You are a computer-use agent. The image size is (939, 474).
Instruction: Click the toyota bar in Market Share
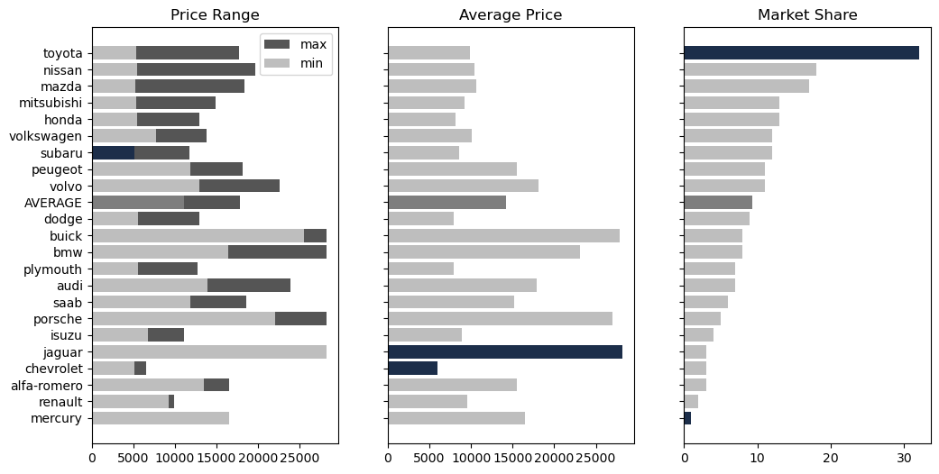tap(801, 53)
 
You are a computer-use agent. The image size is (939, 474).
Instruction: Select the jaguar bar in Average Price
tap(504, 351)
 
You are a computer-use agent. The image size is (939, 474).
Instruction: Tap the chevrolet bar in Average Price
tap(412, 369)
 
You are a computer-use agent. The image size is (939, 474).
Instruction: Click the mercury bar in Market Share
tap(687, 418)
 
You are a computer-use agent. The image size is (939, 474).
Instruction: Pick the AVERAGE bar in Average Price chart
tap(446, 203)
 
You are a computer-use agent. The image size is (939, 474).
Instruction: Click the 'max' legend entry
tap(313, 44)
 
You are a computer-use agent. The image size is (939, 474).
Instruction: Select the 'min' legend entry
tap(313, 63)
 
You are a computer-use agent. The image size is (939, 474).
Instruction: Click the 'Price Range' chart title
tap(215, 15)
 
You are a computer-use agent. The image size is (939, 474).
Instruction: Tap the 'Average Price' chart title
tap(511, 15)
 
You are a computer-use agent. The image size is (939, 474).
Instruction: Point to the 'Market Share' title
tap(806, 15)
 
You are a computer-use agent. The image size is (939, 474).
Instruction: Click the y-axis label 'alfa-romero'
tap(53, 386)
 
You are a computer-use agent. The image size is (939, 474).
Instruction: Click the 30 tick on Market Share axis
tap(905, 458)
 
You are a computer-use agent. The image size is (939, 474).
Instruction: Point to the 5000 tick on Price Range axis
tap(133, 458)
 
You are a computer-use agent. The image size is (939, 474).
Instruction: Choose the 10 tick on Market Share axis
tap(758, 458)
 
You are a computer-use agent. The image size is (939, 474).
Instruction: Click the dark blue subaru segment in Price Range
tap(113, 153)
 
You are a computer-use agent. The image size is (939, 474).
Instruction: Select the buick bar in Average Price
tap(503, 236)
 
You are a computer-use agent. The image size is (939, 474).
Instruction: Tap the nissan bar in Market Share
tap(750, 69)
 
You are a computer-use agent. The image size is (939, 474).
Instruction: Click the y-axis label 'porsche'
tap(57, 319)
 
